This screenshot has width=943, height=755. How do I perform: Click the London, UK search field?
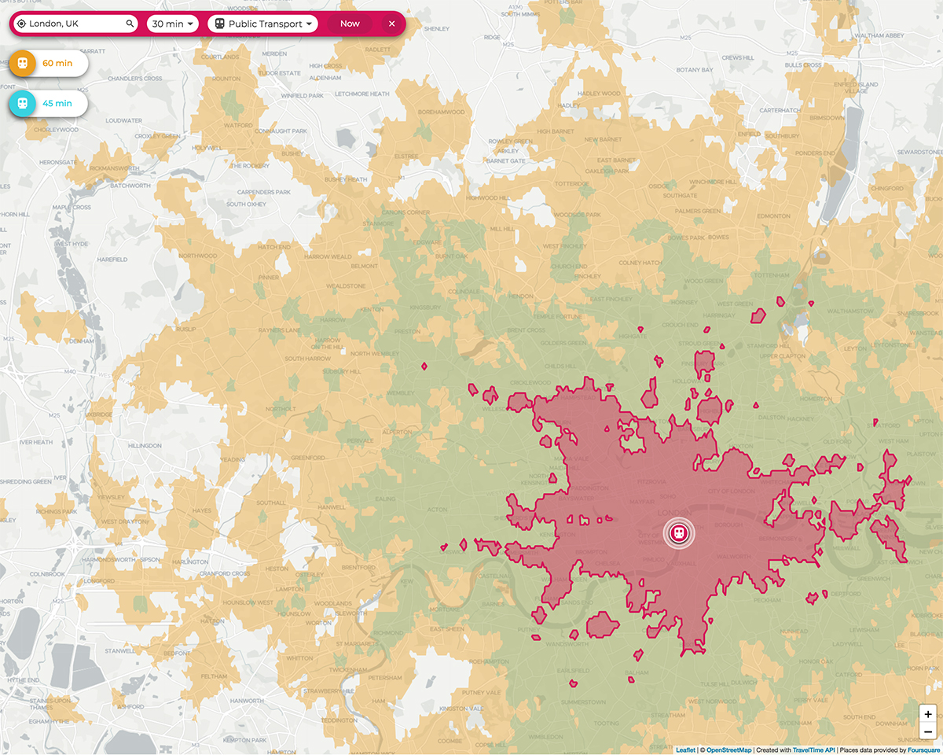coord(75,24)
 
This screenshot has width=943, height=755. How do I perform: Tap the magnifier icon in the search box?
coord(130,24)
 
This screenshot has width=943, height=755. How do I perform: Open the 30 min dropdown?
coord(173,24)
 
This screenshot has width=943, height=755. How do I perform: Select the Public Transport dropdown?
coord(263,24)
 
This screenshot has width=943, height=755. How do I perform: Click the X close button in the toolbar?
coord(391,24)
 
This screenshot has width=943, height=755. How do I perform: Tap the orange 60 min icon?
coord(23,63)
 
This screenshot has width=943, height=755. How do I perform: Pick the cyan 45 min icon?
coord(23,103)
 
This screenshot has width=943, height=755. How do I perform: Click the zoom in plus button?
coord(928,715)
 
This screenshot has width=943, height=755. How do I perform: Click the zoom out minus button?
coord(928,733)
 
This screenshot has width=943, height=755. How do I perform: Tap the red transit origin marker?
coord(679,533)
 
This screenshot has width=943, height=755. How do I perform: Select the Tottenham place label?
coord(770,275)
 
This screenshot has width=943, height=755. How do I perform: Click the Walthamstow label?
coord(852,311)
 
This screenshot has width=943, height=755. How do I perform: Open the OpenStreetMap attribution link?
coord(728,749)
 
